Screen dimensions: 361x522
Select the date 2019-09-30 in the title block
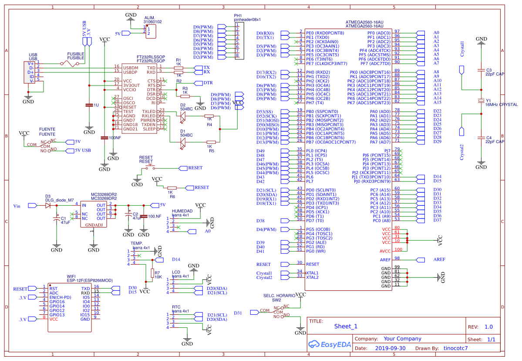(390, 348)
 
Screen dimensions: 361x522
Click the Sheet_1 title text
(346, 327)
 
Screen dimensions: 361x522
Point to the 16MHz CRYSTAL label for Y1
(502, 105)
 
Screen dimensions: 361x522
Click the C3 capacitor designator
(488, 70)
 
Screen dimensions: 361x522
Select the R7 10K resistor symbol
(152, 273)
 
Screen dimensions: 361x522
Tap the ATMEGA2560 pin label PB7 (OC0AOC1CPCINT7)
(331, 142)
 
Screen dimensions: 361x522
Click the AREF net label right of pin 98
(439, 259)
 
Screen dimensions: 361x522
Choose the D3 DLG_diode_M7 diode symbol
(47, 205)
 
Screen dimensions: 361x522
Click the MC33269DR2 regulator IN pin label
(84, 205)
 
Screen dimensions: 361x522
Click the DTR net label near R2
(208, 82)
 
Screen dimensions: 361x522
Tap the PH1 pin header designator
(238, 15)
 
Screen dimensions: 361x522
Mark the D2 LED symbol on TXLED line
(183, 116)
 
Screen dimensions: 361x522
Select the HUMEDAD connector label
(182, 211)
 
